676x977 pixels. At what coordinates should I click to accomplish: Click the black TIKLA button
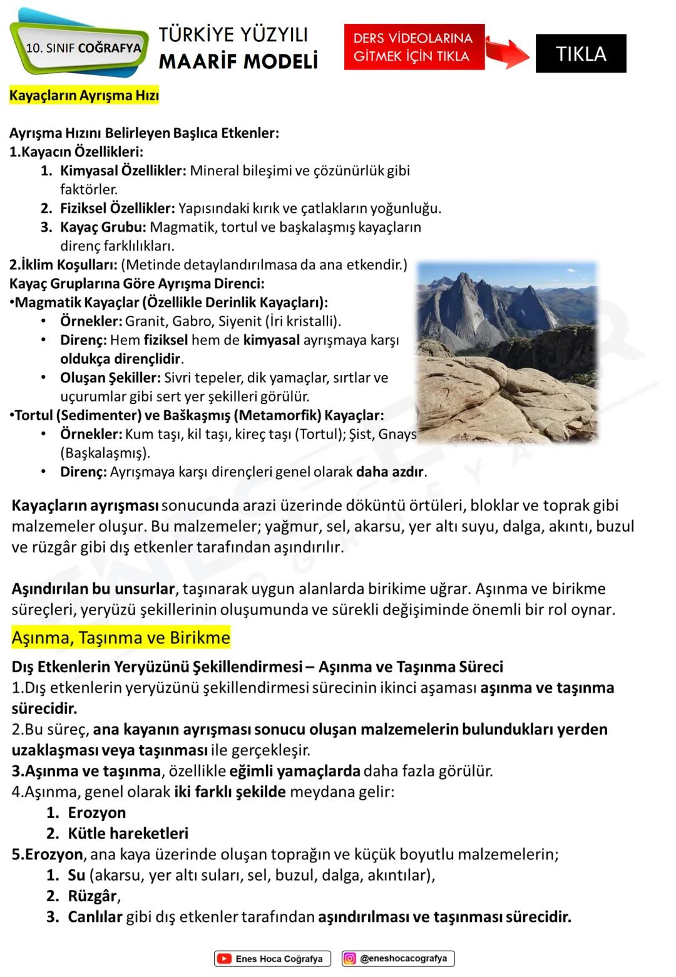click(x=580, y=53)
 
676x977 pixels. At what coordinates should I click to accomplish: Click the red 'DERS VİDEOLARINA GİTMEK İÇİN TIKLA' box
click(x=414, y=47)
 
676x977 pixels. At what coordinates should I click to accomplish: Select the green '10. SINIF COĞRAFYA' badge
click(x=81, y=48)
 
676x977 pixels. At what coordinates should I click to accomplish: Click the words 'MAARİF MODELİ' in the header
click(x=238, y=61)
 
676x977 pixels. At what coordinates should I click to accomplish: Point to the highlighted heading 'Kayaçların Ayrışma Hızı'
click(x=84, y=96)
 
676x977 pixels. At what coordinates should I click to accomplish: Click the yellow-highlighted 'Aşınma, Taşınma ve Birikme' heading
click(x=121, y=638)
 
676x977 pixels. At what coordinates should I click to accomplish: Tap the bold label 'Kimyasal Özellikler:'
click(x=123, y=170)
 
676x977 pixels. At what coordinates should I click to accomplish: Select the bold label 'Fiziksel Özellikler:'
click(x=117, y=208)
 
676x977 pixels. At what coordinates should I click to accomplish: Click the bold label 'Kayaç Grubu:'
click(x=103, y=227)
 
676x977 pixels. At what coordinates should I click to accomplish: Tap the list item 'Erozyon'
click(x=96, y=812)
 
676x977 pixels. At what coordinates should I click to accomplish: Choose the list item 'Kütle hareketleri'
click(x=128, y=833)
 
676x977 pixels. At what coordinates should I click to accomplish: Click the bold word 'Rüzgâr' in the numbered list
click(x=92, y=896)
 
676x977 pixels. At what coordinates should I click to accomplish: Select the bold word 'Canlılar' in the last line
click(x=95, y=916)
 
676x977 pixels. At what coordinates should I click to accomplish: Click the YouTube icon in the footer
click(x=224, y=958)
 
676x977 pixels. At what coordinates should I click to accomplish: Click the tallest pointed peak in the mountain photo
click(x=464, y=277)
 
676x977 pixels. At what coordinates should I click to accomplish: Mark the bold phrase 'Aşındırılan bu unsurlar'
click(x=93, y=589)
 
